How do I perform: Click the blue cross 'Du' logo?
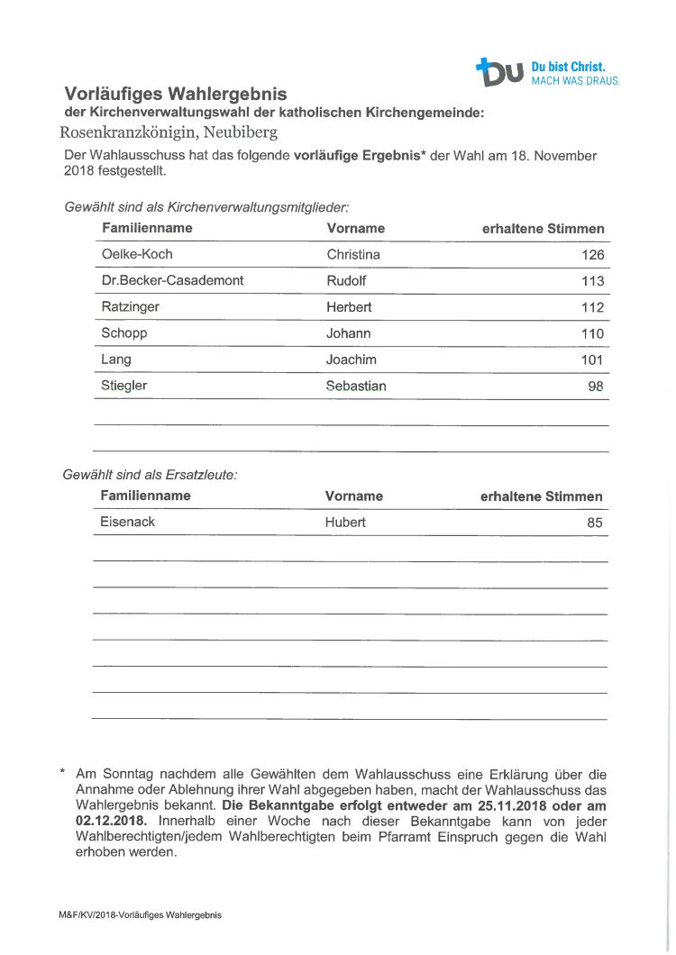tap(500, 72)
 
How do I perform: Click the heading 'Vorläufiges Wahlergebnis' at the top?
tap(175, 94)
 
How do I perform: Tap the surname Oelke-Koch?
tap(137, 254)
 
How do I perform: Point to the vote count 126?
tap(592, 255)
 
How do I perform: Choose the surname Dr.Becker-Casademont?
tap(172, 280)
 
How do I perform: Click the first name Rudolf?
tap(346, 280)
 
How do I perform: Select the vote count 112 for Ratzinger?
tap(592, 307)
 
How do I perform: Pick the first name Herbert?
tap(349, 306)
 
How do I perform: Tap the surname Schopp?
tap(124, 332)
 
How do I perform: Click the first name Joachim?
tap(352, 359)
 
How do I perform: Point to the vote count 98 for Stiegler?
tap(596, 386)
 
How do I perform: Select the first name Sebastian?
tap(356, 385)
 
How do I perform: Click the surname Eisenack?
tap(127, 521)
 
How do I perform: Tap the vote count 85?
tap(595, 522)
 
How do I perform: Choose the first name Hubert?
tap(345, 522)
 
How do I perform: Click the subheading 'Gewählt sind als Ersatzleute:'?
tap(150, 474)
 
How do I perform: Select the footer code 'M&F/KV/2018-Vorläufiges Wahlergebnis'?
tap(140, 914)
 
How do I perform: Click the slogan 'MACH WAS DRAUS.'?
tap(576, 80)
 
